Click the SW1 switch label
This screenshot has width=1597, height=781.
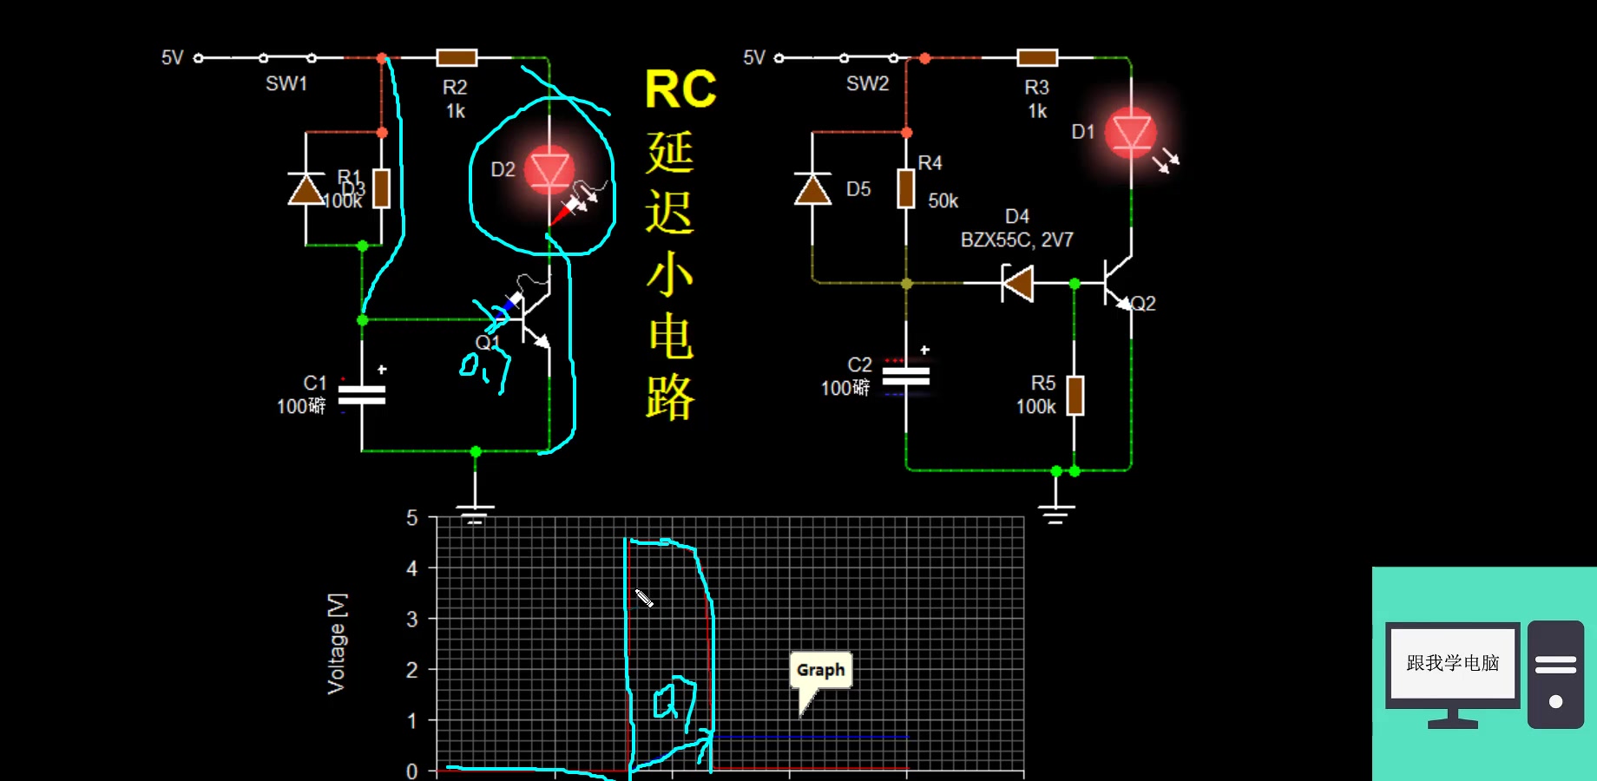click(x=286, y=83)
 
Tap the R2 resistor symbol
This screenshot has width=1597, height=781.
click(x=457, y=58)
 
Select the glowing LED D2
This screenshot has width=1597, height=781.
click(x=549, y=169)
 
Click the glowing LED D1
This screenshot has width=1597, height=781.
click(x=1131, y=134)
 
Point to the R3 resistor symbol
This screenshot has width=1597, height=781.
click(x=1037, y=58)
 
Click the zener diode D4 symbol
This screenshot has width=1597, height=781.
click(x=1017, y=283)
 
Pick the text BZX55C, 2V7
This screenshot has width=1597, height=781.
click(x=1016, y=240)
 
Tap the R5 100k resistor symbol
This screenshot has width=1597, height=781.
click(x=1075, y=396)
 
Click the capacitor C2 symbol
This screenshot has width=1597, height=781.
click(x=905, y=377)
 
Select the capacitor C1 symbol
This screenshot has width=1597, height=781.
click(x=362, y=395)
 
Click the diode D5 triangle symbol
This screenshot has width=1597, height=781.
click(x=812, y=189)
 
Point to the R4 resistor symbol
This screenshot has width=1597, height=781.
click(x=906, y=188)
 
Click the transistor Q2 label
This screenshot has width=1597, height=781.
click(x=1143, y=304)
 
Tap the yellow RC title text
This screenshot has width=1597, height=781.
click(x=680, y=89)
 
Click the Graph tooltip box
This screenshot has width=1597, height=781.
click(x=821, y=670)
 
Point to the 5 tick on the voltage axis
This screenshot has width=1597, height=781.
click(x=412, y=518)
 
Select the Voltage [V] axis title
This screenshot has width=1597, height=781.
click(x=337, y=643)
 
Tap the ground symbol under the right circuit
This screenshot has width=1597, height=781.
click(x=1055, y=515)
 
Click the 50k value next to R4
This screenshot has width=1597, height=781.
click(x=943, y=201)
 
